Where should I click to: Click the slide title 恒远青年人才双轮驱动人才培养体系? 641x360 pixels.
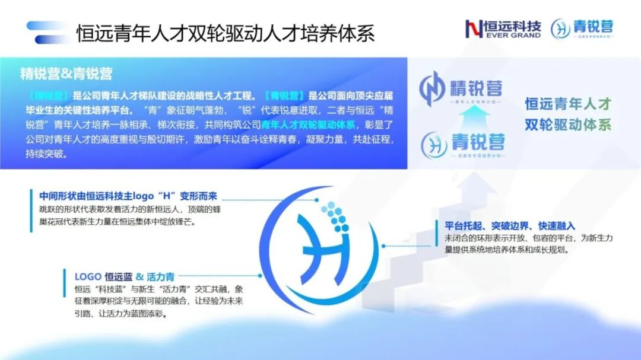[x=226, y=33]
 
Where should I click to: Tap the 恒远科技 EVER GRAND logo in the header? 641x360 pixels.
[x=503, y=28]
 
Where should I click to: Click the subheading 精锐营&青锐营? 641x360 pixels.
[x=66, y=74]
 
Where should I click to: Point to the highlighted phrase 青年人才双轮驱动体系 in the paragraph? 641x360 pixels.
[x=308, y=125]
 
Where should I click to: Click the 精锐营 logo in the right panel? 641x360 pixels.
[x=461, y=88]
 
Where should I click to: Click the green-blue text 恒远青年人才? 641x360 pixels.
[x=568, y=104]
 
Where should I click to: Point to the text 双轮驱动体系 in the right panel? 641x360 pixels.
[x=568, y=126]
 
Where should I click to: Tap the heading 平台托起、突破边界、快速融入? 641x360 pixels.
[x=510, y=226]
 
